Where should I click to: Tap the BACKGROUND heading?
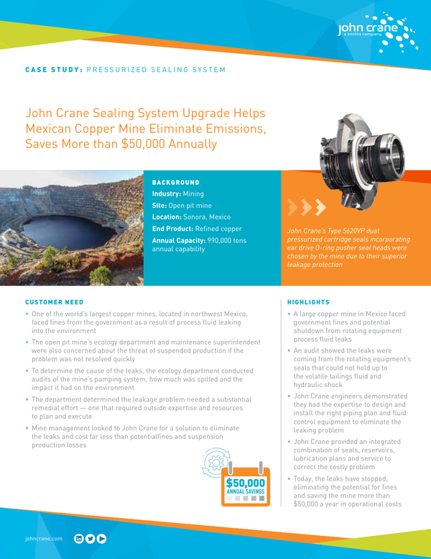pyautogui.click(x=175, y=182)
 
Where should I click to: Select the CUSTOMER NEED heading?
pyautogui.click(x=54, y=302)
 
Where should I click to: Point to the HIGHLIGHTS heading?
pyautogui.click(x=308, y=302)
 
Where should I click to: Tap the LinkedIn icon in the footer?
pyautogui.click(x=79, y=537)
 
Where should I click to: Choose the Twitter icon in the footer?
pyautogui.click(x=91, y=537)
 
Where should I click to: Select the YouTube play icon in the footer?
pyautogui.click(x=102, y=537)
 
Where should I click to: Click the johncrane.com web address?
pyautogui.click(x=44, y=538)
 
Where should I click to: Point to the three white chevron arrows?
pyautogui.click(x=302, y=209)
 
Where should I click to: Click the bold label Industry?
pyautogui.click(x=167, y=194)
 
